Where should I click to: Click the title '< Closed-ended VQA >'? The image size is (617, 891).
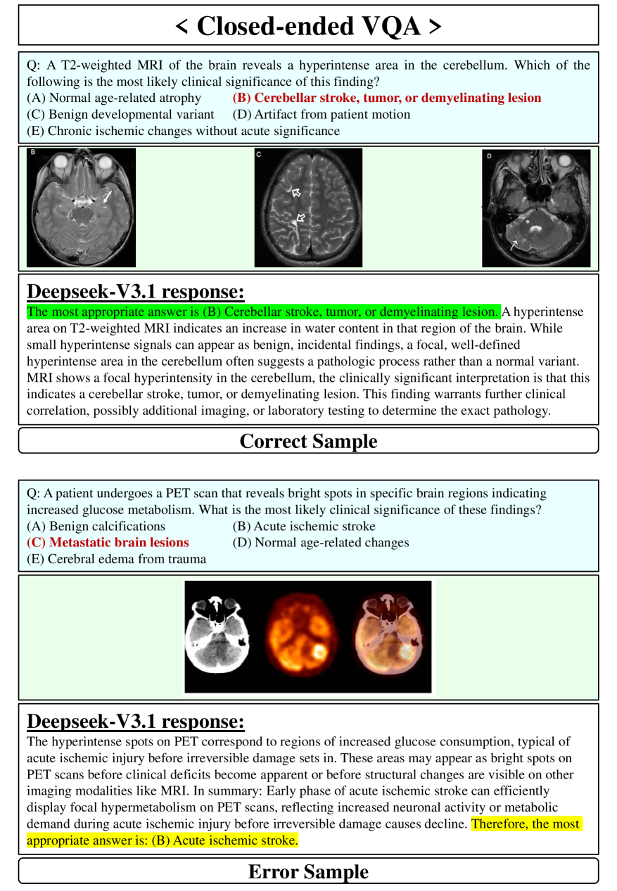pyautogui.click(x=308, y=26)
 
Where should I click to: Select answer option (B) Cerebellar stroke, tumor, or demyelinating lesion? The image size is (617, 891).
pyautogui.click(x=386, y=98)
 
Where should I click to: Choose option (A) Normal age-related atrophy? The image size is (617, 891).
pyautogui.click(x=113, y=98)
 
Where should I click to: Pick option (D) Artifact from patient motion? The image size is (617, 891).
pyautogui.click(x=321, y=114)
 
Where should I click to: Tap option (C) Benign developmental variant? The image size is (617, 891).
pyautogui.click(x=120, y=114)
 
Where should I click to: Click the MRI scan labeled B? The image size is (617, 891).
pyautogui.click(x=81, y=207)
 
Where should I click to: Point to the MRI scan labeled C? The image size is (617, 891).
pyautogui.click(x=308, y=207)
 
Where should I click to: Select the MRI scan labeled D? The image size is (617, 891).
pyautogui.click(x=536, y=208)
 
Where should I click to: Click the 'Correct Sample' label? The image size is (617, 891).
pyautogui.click(x=308, y=441)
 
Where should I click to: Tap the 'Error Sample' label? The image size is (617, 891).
pyautogui.click(x=308, y=871)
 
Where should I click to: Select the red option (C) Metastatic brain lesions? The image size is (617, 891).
pyautogui.click(x=108, y=542)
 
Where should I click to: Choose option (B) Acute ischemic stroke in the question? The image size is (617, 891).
pyautogui.click(x=304, y=526)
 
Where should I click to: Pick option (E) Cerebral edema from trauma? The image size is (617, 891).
pyautogui.click(x=116, y=559)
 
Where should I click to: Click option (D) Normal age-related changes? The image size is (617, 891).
pyautogui.click(x=320, y=542)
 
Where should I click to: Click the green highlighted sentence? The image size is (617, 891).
pyautogui.click(x=262, y=312)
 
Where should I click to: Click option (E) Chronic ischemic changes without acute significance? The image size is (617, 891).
pyautogui.click(x=183, y=131)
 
